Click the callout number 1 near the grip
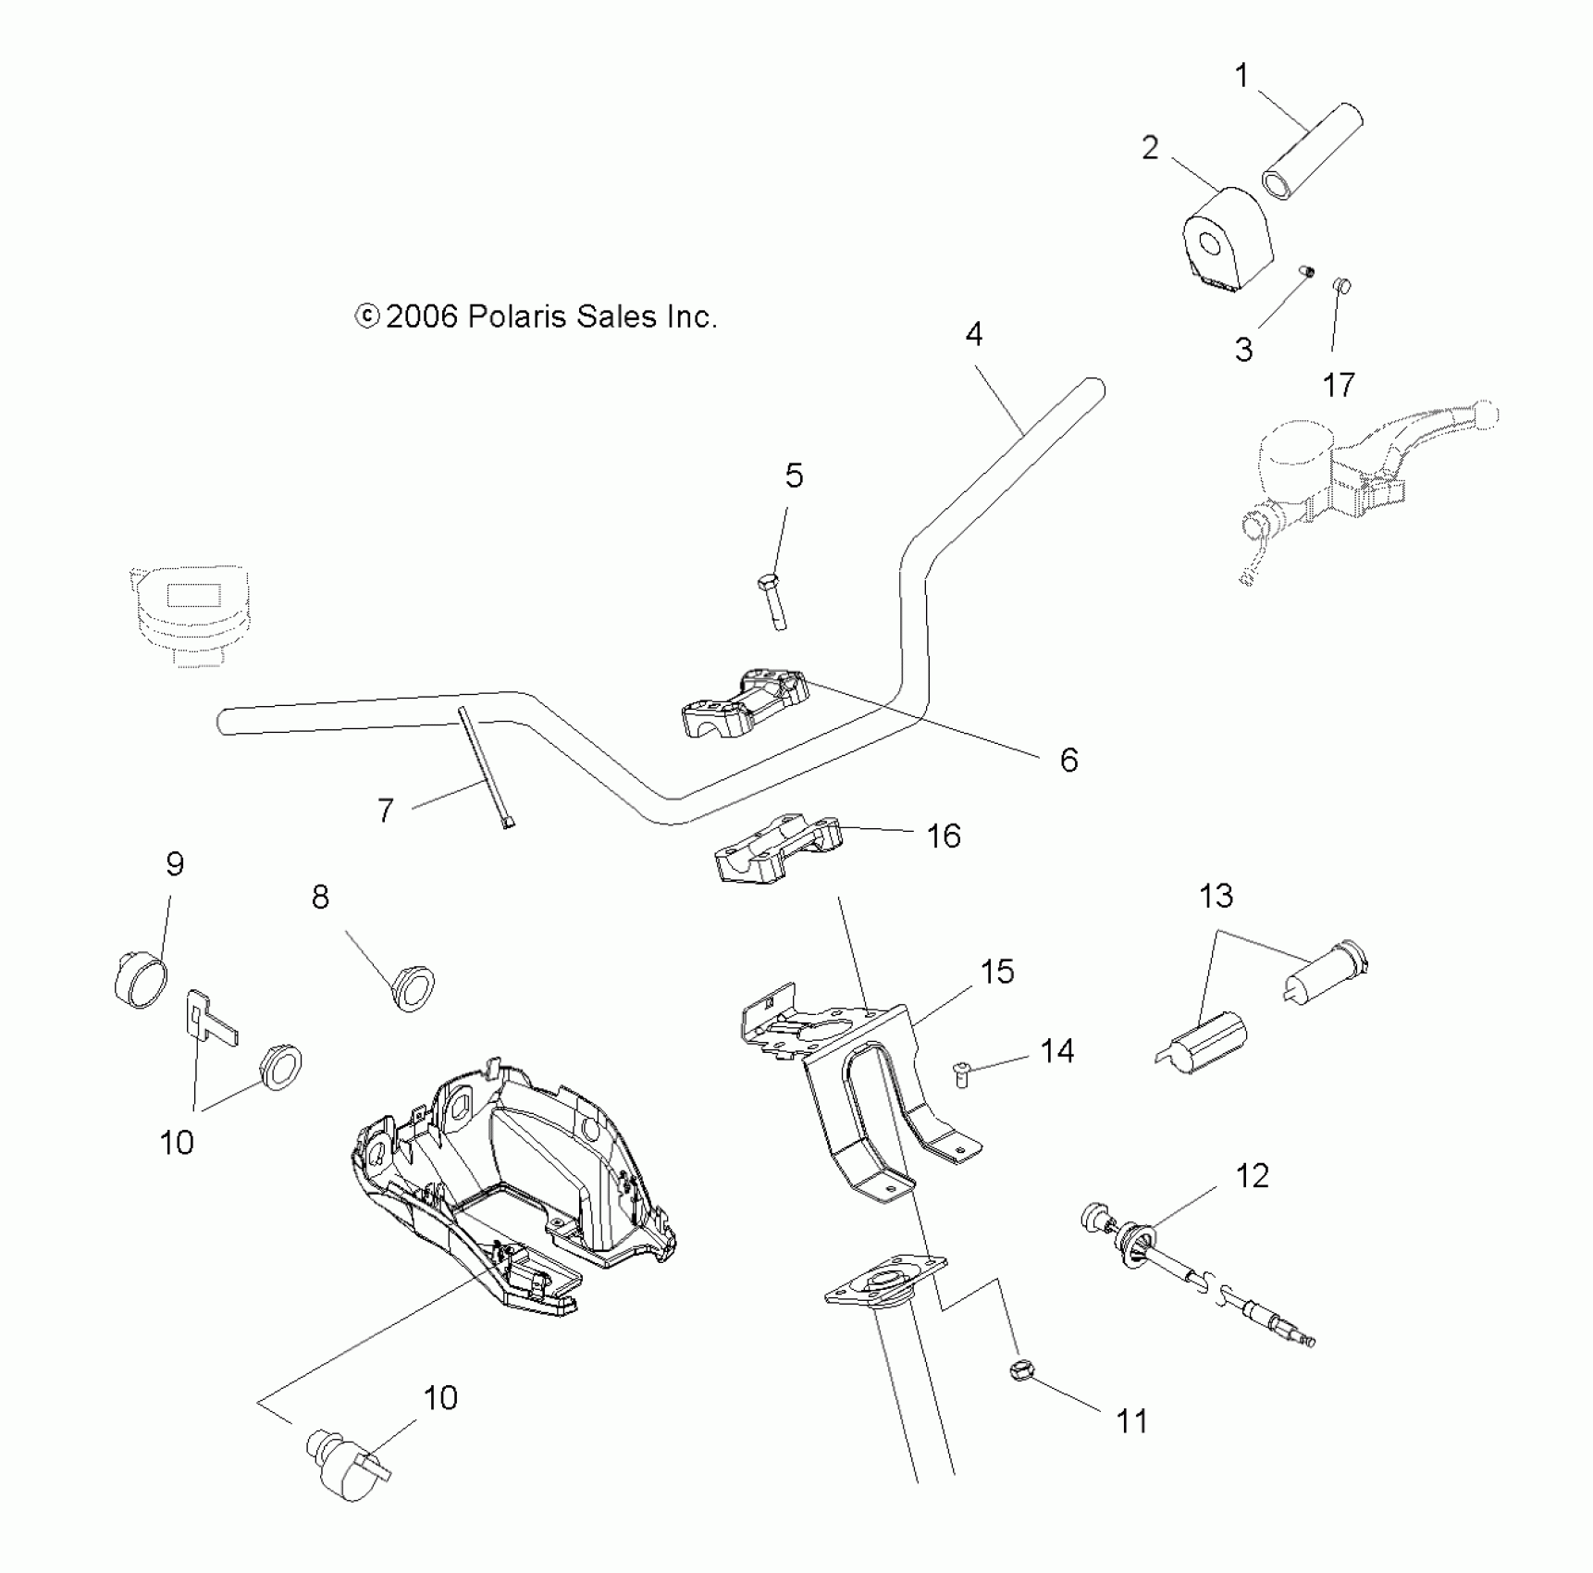point(1242,75)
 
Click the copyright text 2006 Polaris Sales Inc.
point(537,317)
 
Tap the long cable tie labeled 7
point(484,767)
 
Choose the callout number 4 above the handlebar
point(974,334)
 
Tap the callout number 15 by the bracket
point(997,972)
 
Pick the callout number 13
point(1216,896)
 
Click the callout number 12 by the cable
point(1252,1176)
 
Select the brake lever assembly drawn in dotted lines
point(1360,481)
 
